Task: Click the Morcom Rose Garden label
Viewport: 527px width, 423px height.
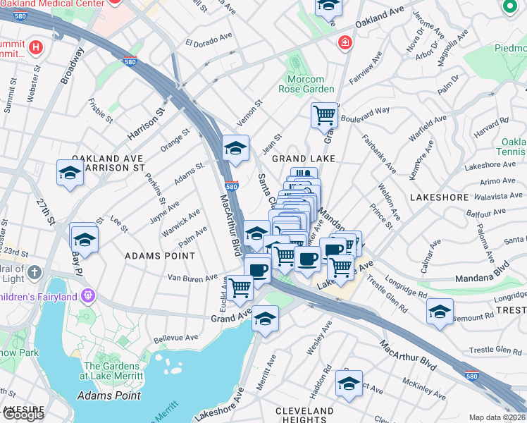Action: coord(309,85)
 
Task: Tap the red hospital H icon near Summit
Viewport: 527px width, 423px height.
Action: coord(36,49)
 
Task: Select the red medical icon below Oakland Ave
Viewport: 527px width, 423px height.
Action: coord(344,43)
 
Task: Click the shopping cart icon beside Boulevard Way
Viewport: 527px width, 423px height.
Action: coord(324,114)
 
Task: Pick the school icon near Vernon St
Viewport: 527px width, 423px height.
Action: coord(235,148)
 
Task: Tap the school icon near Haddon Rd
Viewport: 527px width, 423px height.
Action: coord(349,384)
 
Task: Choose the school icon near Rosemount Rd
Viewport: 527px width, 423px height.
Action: coord(440,312)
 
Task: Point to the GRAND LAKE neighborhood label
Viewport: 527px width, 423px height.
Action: coord(303,159)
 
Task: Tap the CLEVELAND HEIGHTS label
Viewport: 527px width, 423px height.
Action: coord(304,415)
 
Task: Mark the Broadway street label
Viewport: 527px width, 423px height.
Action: coord(73,66)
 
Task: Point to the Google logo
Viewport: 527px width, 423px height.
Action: coord(23,415)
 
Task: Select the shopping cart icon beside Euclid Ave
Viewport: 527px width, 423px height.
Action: coord(240,287)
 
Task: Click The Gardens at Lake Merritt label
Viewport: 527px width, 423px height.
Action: coord(113,371)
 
